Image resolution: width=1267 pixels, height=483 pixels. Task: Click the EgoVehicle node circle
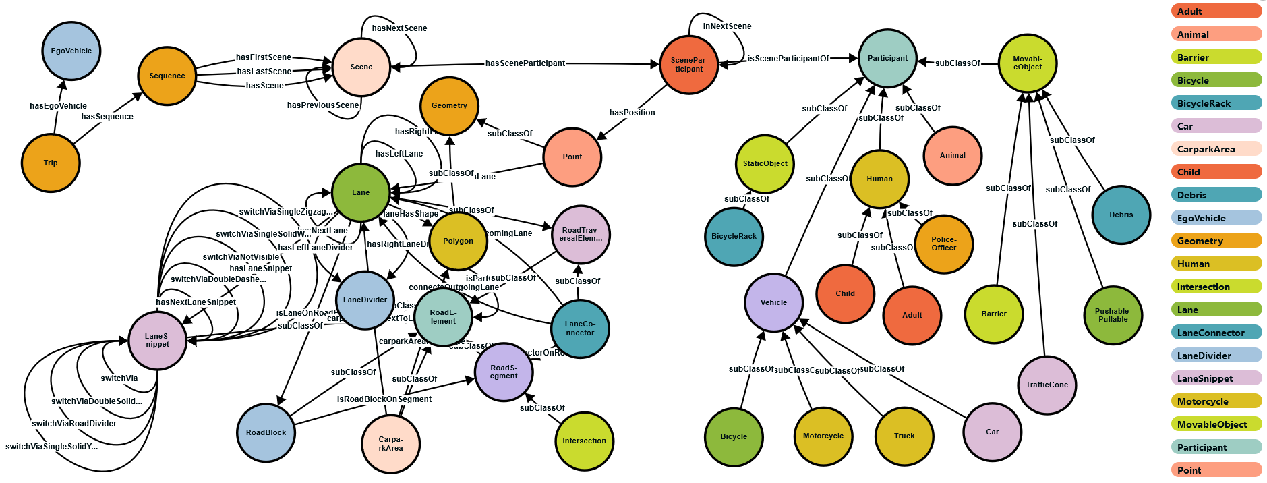71,51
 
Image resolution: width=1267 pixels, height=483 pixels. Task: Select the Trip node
51,163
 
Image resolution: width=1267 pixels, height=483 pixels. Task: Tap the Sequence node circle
167,76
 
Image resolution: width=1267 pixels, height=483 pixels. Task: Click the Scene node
361,67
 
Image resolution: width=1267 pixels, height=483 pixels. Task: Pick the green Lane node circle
360,192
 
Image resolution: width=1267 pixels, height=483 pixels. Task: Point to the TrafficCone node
1047,385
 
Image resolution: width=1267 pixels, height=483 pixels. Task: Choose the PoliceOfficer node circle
943,244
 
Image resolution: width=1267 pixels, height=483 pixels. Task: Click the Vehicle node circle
773,302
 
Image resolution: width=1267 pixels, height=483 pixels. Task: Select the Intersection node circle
584,441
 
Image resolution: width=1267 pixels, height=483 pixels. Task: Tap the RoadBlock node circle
266,432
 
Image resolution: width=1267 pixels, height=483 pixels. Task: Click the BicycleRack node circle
734,236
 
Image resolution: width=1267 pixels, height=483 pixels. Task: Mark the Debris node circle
1121,215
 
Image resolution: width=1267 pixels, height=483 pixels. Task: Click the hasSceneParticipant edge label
525,63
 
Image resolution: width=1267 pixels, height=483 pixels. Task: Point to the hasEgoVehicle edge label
58,106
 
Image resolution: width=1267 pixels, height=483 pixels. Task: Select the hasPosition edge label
632,113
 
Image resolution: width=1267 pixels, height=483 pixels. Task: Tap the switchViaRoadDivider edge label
74,424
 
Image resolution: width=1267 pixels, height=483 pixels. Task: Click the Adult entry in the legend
1215,11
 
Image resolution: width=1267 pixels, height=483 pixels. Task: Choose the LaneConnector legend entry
1215,333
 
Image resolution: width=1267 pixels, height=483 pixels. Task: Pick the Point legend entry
1215,470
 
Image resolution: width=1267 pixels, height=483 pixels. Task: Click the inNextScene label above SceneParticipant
727,26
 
